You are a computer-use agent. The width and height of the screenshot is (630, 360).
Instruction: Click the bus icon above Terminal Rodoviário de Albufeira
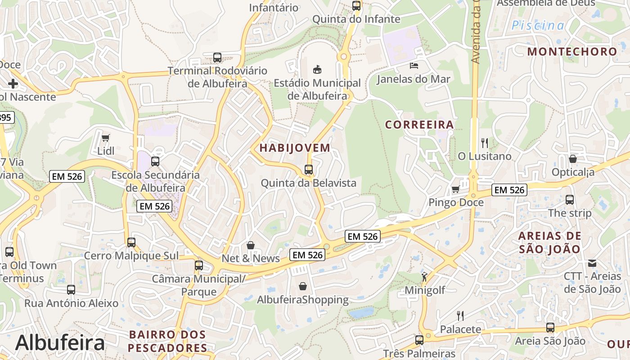(x=217, y=58)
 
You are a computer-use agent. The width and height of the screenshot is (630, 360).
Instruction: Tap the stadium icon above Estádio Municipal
(x=317, y=69)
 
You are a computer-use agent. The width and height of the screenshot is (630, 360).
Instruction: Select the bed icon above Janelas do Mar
(x=414, y=66)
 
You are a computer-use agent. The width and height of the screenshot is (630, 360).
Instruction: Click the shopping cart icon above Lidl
(x=106, y=138)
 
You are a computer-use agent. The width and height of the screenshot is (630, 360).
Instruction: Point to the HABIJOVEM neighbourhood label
(x=295, y=148)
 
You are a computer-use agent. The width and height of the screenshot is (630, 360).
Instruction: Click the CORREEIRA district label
(x=419, y=125)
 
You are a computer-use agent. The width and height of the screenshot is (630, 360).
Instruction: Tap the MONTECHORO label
(x=572, y=51)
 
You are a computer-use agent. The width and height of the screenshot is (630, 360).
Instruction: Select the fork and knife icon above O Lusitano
(x=485, y=143)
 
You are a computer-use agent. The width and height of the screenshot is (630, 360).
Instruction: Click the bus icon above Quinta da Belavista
(x=309, y=170)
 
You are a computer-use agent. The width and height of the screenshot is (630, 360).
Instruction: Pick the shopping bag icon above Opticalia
(x=573, y=159)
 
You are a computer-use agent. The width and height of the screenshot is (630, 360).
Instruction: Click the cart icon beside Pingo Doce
(x=455, y=189)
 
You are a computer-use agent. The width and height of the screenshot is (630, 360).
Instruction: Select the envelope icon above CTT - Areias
(x=592, y=263)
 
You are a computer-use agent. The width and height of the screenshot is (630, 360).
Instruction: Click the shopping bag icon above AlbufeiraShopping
(x=303, y=286)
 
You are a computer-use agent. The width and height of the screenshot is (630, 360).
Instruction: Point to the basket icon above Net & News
(x=251, y=245)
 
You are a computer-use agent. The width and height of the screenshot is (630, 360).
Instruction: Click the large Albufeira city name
(x=60, y=343)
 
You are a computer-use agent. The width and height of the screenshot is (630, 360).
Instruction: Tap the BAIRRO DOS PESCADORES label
(x=167, y=341)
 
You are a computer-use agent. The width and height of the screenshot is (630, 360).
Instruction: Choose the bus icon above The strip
(x=570, y=199)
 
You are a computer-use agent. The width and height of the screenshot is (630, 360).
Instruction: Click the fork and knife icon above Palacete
(x=460, y=315)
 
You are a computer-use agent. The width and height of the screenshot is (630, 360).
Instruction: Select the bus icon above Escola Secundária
(x=155, y=161)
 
